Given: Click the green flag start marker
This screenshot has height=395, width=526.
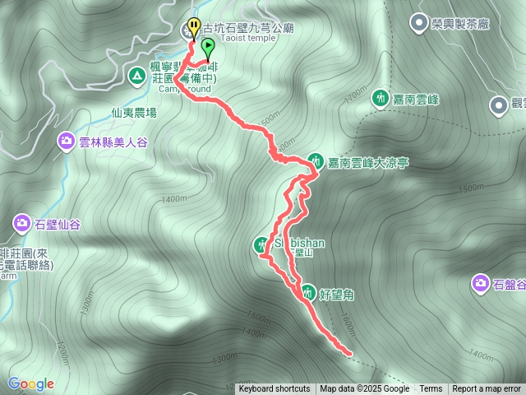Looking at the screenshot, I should (207, 45).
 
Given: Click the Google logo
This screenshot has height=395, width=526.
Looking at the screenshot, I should (31, 383).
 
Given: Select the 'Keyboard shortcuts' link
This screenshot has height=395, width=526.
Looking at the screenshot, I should (275, 389).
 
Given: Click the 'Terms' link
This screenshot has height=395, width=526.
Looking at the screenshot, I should (431, 389).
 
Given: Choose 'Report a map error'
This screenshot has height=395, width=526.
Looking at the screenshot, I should (487, 389).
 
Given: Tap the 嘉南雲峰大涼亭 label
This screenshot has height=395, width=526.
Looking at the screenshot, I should (368, 162).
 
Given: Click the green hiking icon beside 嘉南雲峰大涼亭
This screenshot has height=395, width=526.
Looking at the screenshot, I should (316, 160).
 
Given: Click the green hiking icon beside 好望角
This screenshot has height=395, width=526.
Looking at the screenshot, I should (307, 291).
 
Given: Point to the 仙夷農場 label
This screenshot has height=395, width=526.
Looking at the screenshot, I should (135, 113).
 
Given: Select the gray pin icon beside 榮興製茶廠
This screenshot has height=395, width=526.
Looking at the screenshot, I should (419, 23).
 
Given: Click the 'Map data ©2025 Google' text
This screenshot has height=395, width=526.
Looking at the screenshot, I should (364, 389).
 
